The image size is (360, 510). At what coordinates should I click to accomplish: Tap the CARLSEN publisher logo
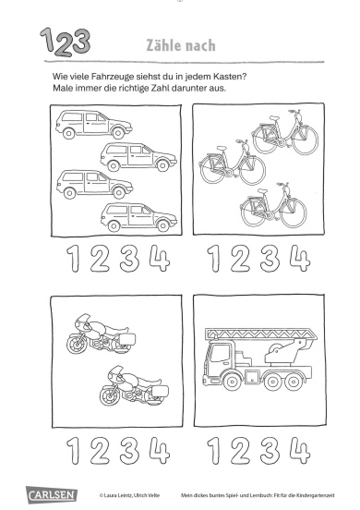point(52,494)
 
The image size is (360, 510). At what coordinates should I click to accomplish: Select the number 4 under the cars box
point(160,259)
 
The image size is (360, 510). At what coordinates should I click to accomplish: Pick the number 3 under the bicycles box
point(270,259)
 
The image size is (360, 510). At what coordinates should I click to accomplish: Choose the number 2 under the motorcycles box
point(100,451)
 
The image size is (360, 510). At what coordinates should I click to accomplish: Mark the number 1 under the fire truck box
point(214,451)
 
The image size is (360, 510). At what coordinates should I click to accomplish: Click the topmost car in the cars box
point(93,124)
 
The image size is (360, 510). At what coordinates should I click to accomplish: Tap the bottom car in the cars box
point(138,217)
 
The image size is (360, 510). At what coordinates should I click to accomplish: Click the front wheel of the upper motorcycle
point(77,344)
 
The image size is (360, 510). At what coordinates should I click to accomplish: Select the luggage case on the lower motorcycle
point(160,391)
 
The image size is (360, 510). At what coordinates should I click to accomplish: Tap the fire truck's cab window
point(220,353)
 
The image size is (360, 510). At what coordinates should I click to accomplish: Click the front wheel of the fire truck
point(233,381)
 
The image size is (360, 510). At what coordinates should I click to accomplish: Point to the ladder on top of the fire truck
point(261,334)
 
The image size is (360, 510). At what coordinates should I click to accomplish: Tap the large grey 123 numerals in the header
point(65,42)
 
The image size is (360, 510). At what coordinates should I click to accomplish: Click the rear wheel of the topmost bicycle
point(264,140)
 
